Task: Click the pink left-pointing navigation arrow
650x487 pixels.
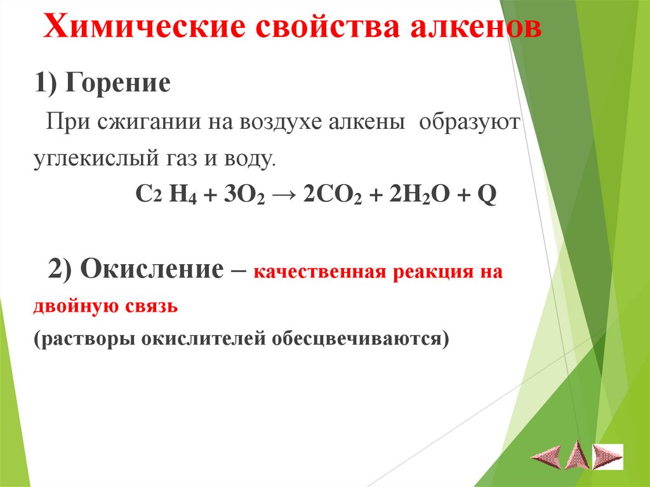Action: click(x=547, y=456)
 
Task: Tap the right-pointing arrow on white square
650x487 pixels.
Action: click(x=608, y=456)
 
